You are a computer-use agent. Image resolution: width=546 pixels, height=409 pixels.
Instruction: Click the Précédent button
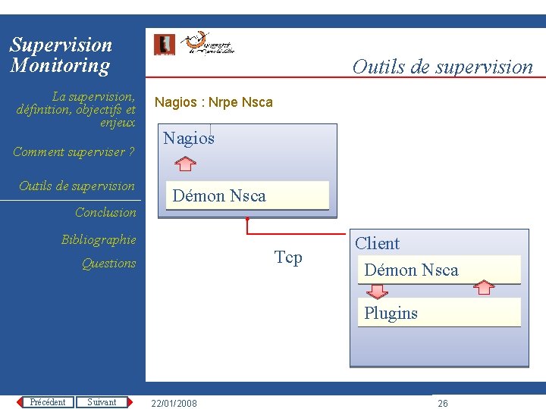click(47, 402)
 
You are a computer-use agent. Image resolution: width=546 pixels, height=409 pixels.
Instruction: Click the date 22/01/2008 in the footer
click(174, 403)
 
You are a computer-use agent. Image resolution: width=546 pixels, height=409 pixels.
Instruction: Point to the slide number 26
click(443, 403)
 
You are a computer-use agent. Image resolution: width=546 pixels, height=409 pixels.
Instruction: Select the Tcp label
click(288, 258)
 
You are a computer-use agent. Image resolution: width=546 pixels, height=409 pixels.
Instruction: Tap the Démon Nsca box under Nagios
click(247, 195)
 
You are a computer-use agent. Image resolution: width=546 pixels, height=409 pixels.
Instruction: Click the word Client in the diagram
click(377, 243)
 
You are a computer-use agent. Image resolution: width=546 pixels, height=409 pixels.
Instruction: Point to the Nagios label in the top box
click(189, 138)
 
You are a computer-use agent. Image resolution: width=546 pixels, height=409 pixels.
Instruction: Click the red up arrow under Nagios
click(184, 163)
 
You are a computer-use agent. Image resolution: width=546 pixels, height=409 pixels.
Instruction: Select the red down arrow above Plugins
click(377, 291)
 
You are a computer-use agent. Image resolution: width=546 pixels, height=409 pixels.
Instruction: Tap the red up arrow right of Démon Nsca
click(483, 287)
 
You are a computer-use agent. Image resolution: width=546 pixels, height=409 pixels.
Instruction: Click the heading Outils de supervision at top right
click(442, 67)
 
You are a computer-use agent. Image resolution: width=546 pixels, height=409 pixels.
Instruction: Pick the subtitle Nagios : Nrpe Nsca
click(213, 102)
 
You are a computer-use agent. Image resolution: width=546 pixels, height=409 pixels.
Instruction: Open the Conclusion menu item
click(105, 212)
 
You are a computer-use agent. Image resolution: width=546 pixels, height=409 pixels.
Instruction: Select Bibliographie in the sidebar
click(99, 239)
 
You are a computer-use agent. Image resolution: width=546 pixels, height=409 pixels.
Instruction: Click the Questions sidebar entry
click(108, 263)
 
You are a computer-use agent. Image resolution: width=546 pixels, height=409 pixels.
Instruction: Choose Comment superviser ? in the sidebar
click(74, 151)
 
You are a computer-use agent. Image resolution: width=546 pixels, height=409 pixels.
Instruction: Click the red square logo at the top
click(164, 45)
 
